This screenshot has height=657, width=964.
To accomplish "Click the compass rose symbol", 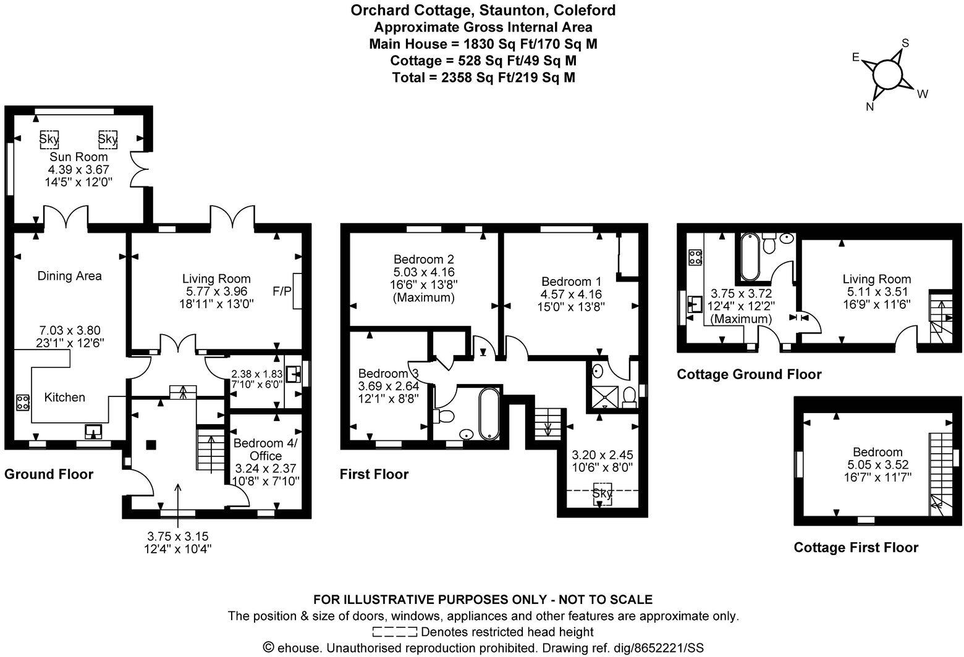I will pos(889,75).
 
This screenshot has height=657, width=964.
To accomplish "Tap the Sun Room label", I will pos(78,157).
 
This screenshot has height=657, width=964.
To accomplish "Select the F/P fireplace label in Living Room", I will pos(282,290).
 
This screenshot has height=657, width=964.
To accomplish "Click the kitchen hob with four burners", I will pos(23,403).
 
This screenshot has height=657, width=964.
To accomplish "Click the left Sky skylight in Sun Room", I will pos(49,139).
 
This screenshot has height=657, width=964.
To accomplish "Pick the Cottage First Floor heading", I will pos(856,548).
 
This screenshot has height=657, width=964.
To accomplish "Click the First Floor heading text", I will pos(374,474).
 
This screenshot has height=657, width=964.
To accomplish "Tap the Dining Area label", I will pos(69,276).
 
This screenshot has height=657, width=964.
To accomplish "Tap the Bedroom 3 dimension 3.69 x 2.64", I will pos(389,386).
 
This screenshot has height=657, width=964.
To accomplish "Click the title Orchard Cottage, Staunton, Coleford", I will pos(483,10).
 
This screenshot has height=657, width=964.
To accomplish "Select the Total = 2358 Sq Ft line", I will pos(483,77).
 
